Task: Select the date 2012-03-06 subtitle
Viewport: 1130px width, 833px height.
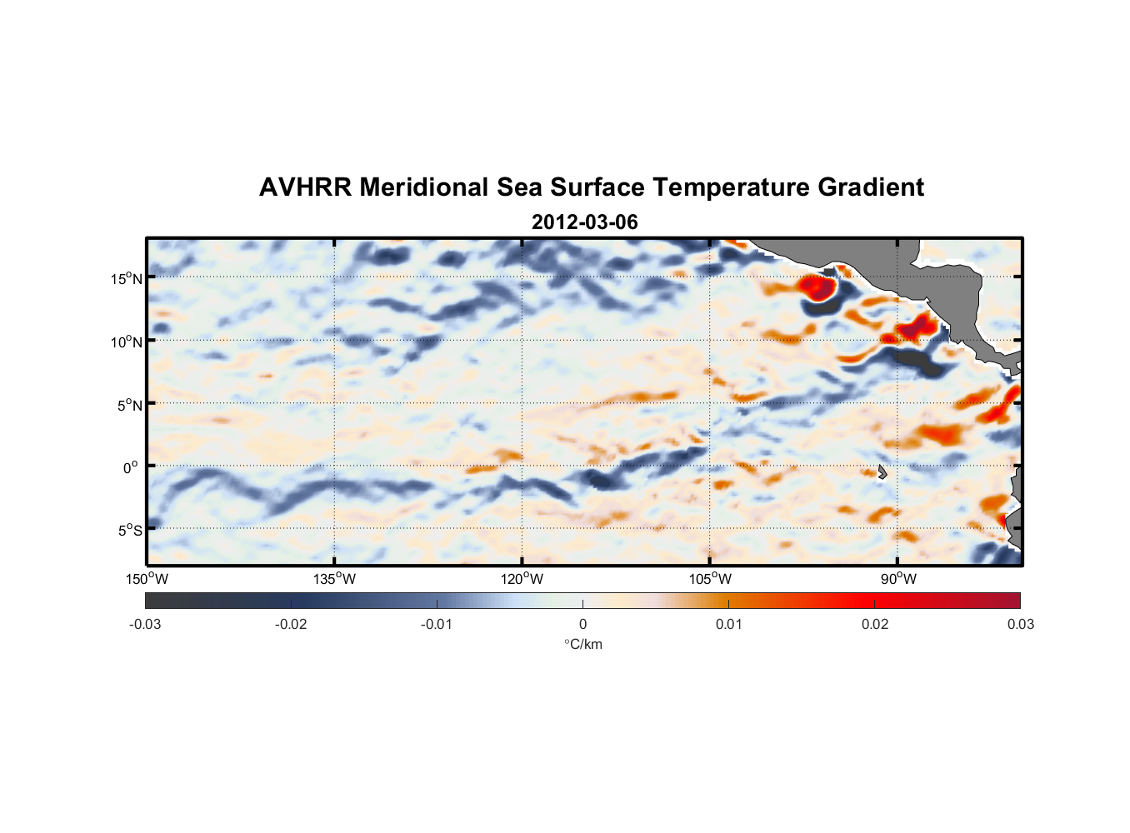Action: point(584,222)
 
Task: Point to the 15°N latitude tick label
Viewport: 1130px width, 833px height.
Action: point(127,278)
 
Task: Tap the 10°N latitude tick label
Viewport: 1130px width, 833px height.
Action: point(127,342)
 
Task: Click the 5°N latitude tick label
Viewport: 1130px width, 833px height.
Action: point(129,405)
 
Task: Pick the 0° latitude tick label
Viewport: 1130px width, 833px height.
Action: point(131,467)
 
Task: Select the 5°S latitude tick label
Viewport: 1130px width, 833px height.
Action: point(129,531)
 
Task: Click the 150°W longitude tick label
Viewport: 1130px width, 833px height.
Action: point(147,579)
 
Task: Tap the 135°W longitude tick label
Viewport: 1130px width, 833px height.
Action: point(335,579)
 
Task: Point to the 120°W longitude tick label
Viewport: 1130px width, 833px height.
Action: point(522,579)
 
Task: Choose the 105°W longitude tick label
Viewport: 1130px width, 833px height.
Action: point(710,579)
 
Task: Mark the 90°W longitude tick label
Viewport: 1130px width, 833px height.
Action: point(898,579)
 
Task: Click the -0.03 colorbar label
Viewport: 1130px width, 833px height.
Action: point(145,624)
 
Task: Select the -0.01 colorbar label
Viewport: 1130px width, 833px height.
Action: point(437,624)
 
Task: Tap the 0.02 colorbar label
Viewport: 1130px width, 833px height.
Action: point(875,624)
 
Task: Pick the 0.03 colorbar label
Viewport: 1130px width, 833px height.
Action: point(1020,624)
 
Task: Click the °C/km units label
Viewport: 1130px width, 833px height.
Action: point(582,644)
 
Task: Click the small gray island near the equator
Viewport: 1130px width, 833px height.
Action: point(882,471)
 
